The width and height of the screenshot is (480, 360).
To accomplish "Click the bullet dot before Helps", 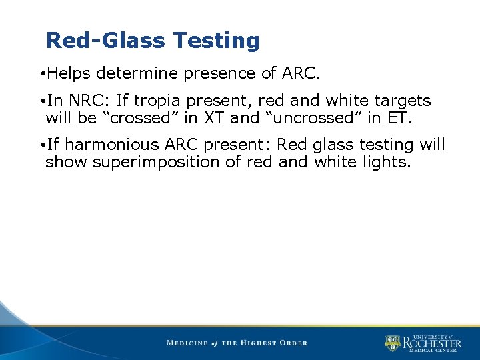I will [x=42, y=73].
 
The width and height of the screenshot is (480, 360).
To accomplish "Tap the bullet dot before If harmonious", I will [x=42, y=145].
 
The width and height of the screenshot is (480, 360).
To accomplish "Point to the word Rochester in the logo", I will [x=431, y=343].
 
